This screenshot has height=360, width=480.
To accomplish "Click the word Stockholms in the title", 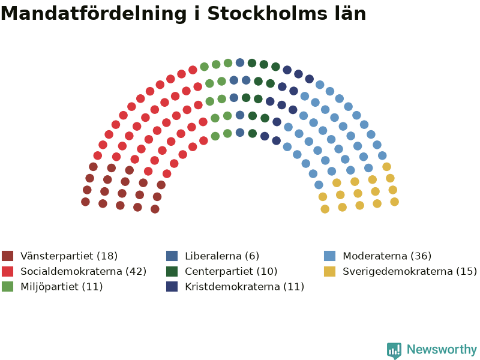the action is [266, 14].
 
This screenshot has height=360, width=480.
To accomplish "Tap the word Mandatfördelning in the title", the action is [94, 14].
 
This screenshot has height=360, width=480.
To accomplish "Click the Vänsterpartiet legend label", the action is [69, 256].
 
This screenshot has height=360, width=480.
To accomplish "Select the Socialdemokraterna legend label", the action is [83, 271].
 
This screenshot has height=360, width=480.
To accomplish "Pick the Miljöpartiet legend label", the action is [62, 287].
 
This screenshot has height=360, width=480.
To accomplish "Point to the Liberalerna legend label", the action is [222, 256].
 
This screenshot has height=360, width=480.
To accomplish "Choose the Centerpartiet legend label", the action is [231, 271].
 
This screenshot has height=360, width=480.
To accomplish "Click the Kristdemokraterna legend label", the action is [244, 287].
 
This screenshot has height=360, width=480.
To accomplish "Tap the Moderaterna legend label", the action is [387, 256].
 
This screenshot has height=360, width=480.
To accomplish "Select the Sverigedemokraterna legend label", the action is [410, 271].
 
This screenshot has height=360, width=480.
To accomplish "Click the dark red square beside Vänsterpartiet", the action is [7, 256].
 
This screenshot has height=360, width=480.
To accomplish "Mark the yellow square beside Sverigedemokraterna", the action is [329, 271].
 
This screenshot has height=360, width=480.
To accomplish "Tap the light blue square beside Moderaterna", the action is [329, 256].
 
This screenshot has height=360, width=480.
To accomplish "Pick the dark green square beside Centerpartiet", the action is [172, 271].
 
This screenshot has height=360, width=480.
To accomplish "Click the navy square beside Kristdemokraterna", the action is [172, 287].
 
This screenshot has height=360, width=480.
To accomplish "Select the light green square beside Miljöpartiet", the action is [7, 287].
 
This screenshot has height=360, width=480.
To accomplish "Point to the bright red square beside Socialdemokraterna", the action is [7, 271].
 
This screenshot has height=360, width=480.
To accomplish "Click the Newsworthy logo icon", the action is [394, 350].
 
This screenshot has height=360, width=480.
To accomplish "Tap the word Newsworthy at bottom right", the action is [442, 350].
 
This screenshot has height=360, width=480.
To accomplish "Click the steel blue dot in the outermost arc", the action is [240, 62].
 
